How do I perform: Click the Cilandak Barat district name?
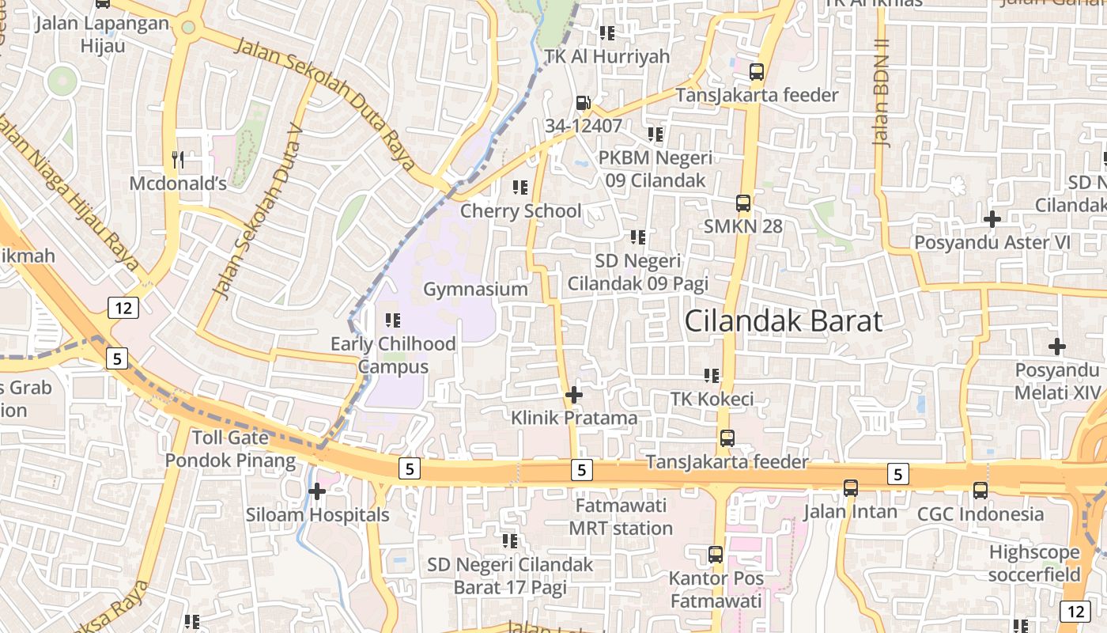[783, 321]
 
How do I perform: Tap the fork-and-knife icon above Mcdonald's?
[178, 160]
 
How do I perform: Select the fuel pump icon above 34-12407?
[583, 103]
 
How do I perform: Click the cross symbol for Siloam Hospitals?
[317, 491]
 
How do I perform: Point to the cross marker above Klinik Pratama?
[574, 394]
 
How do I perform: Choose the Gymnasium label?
[475, 289]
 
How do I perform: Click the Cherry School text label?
[520, 211]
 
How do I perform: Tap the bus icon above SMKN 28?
[743, 203]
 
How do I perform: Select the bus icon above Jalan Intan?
[851, 487]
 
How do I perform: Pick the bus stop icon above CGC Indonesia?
[980, 490]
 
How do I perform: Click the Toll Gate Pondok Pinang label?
[230, 449]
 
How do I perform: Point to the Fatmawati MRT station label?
[621, 517]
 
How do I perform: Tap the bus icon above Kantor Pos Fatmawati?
[716, 555]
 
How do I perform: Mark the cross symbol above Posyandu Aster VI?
[992, 218]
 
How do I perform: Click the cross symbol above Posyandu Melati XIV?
[1056, 347]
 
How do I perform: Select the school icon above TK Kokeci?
[712, 375]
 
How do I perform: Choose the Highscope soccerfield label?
[1034, 563]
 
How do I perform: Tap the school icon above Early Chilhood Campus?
[392, 320]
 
